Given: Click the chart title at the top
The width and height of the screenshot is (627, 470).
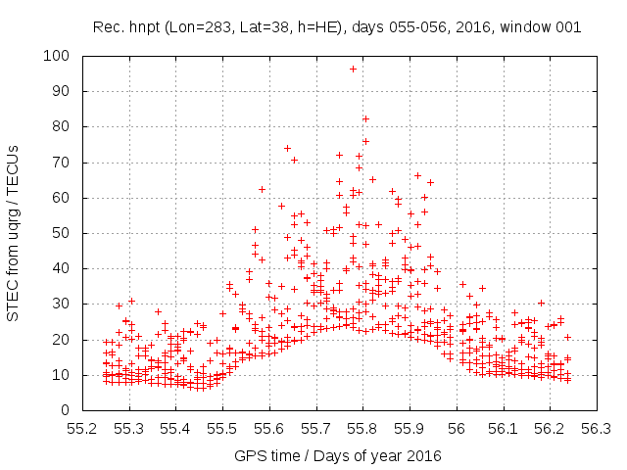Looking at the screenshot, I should click(x=337, y=27).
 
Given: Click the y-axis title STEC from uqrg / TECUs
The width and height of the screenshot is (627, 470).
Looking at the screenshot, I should click(x=14, y=232).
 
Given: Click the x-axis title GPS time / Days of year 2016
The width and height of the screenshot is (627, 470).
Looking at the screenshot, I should click(x=338, y=455).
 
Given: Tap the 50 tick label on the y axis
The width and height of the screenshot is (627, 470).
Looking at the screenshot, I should click(x=61, y=233).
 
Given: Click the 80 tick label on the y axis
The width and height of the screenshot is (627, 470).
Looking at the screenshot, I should click(x=61, y=126).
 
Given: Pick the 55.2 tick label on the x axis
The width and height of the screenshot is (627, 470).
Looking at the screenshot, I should click(x=82, y=428).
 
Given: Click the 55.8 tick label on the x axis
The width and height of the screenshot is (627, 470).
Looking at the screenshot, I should click(x=362, y=428).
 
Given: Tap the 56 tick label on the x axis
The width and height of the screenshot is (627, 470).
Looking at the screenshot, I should click(x=457, y=428).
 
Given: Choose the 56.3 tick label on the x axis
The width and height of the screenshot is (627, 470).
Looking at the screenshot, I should click(x=597, y=428).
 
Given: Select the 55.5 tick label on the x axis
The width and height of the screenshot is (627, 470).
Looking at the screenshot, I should click(x=222, y=428).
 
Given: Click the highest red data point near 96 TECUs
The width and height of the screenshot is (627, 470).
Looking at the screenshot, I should click(x=353, y=69).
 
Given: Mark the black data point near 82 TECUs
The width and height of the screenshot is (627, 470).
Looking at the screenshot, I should click(x=365, y=118).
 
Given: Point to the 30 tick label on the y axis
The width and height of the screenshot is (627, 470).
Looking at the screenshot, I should click(x=61, y=304).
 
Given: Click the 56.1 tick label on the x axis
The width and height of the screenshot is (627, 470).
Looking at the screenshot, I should click(x=503, y=428).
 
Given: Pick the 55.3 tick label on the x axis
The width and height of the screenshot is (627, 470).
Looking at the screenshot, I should click(x=129, y=428).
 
